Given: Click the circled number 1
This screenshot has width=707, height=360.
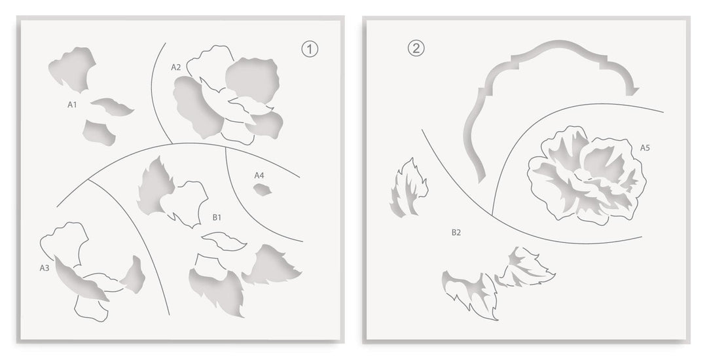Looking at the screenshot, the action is [x=310, y=49].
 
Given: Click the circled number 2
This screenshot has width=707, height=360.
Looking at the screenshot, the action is [x=416, y=48].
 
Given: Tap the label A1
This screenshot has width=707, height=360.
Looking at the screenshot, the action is [x=72, y=105].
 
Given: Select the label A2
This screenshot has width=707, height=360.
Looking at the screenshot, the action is [x=176, y=67].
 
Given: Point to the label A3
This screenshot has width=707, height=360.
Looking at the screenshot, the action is [x=45, y=268].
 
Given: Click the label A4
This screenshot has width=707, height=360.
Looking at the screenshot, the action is [x=259, y=175].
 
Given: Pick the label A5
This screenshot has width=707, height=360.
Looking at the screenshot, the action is [x=645, y=147].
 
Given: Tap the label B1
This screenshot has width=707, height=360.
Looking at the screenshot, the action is [x=217, y=217].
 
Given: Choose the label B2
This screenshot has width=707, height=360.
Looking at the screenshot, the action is [x=456, y=232].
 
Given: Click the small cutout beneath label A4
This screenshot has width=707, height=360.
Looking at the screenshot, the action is [x=262, y=190].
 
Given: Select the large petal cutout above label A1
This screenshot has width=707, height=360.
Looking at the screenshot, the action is [x=72, y=68].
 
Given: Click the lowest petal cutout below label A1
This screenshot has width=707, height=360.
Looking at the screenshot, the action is [x=98, y=132].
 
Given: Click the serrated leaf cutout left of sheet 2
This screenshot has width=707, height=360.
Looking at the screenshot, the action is [x=408, y=188].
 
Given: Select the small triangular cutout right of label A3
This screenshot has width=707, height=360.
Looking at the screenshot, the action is [x=134, y=275].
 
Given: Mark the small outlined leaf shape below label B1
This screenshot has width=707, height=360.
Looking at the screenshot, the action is [x=224, y=242].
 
